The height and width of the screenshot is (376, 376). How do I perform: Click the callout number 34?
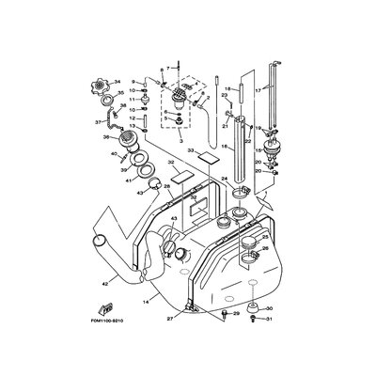pyautogui.click(x=118, y=81)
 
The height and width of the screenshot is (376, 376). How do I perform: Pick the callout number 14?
pyautogui.click(x=146, y=302)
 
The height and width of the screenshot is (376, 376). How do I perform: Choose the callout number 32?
pyautogui.click(x=172, y=162)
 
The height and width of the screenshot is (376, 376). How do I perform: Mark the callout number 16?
pyautogui.click(x=223, y=148)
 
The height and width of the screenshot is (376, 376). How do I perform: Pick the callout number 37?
pyautogui.click(x=98, y=121)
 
